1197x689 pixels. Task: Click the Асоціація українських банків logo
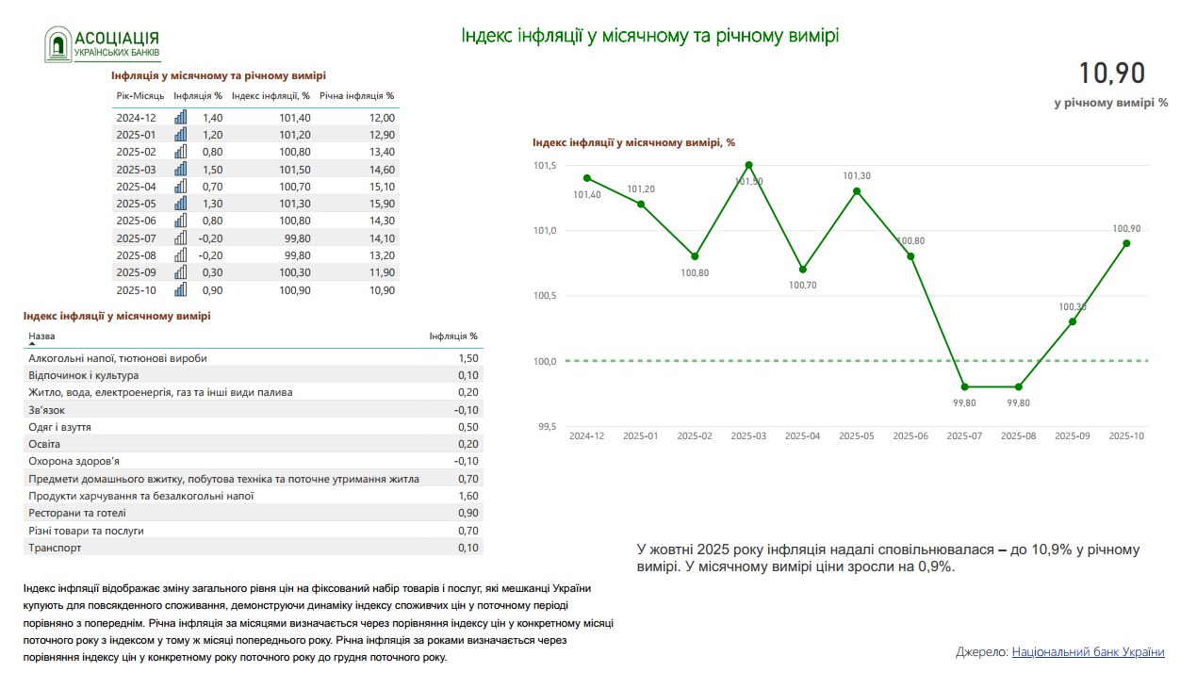pos(103,43)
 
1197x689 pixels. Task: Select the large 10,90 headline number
pos(1111,74)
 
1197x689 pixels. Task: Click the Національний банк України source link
pos(1088,652)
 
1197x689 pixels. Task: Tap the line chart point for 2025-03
pos(749,165)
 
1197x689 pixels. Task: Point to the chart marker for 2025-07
pos(964,386)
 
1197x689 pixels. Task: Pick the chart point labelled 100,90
pos(1126,243)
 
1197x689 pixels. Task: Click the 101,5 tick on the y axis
pos(546,166)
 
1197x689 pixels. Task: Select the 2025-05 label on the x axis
pos(857,436)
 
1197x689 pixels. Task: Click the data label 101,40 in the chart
pos(587,195)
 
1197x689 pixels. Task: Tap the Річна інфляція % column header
pos(356,95)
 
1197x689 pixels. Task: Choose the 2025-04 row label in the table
pos(136,187)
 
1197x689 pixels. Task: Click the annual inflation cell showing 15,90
pos(381,204)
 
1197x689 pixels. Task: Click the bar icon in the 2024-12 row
pos(181,118)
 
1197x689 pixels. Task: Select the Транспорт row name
pos(55,548)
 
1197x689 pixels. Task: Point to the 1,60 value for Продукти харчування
pos(467,496)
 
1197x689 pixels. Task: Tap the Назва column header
pos(41,336)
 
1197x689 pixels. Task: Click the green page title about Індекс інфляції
pos(649,36)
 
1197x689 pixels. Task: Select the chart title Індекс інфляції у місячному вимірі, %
pos(633,142)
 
